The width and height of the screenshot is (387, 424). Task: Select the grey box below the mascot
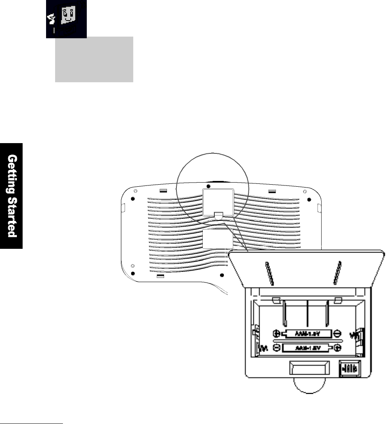tap(94, 59)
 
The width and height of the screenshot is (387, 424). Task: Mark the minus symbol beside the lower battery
tap(276, 348)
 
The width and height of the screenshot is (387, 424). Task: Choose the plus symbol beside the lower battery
tap(337, 348)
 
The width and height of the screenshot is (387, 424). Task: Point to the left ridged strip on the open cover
tap(269, 273)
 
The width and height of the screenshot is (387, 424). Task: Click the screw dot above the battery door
tap(209, 186)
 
